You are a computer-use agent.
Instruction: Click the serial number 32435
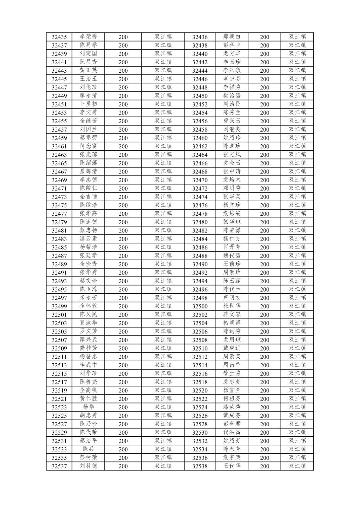click(x=59, y=37)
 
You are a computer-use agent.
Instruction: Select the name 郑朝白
click(x=232, y=37)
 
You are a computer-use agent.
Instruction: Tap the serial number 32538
click(x=200, y=466)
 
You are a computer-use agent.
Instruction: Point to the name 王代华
click(x=232, y=466)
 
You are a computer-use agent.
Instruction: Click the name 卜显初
click(x=88, y=104)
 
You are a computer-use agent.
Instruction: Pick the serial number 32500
click(x=200, y=306)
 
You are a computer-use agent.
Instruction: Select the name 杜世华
click(x=232, y=306)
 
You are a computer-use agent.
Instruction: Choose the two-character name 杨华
click(x=88, y=407)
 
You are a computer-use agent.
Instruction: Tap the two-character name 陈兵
click(x=88, y=449)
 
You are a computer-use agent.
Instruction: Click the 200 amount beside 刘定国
click(x=123, y=54)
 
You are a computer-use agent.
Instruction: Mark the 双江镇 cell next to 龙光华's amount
click(x=297, y=54)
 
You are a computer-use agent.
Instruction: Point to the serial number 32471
click(x=59, y=189)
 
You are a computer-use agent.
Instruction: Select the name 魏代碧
click(x=232, y=256)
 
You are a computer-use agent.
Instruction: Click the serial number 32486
click(x=200, y=247)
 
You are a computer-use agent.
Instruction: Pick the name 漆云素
click(x=88, y=239)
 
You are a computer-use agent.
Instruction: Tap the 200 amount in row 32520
click(x=264, y=390)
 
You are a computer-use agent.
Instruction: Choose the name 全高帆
click(x=88, y=390)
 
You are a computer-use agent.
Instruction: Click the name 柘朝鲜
click(x=232, y=323)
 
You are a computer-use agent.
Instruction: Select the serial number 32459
click(x=59, y=138)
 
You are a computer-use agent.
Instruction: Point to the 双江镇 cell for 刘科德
click(x=163, y=466)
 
